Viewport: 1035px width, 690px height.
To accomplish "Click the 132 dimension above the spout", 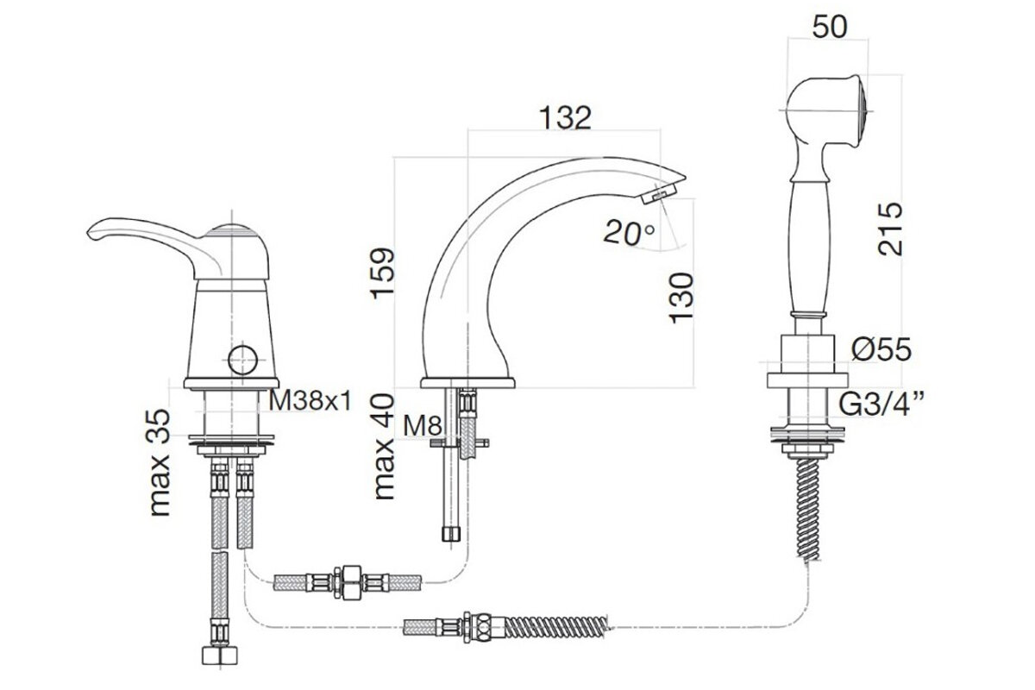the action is [x=565, y=118].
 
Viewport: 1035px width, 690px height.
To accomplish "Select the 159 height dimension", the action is [x=382, y=273].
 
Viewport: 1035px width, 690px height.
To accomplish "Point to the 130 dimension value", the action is [x=681, y=298].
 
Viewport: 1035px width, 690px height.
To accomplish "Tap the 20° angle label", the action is [x=629, y=233].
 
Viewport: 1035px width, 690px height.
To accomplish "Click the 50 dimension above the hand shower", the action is [x=830, y=27].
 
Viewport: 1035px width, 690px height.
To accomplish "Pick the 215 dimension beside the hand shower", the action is [x=890, y=229].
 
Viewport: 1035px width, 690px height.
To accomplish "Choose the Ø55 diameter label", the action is [x=881, y=349].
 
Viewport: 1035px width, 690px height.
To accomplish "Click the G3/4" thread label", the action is [x=875, y=404].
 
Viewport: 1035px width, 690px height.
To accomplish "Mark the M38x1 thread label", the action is [x=310, y=400].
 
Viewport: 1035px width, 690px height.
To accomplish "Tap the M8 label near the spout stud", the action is [x=423, y=426].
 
